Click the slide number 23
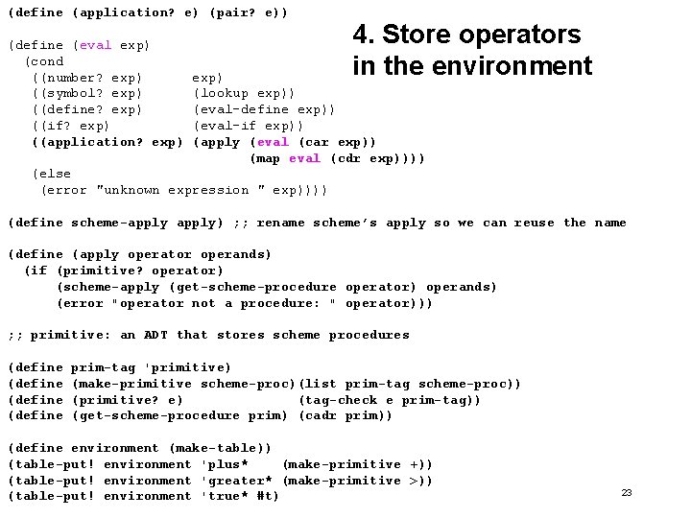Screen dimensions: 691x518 click(626, 492)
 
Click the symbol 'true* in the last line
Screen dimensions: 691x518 click(225, 496)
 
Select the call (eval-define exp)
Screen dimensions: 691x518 click(264, 109)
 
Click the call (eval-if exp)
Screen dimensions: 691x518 click(249, 126)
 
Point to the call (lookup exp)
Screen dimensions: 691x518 click(245, 93)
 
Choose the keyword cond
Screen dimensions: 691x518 click(48, 61)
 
